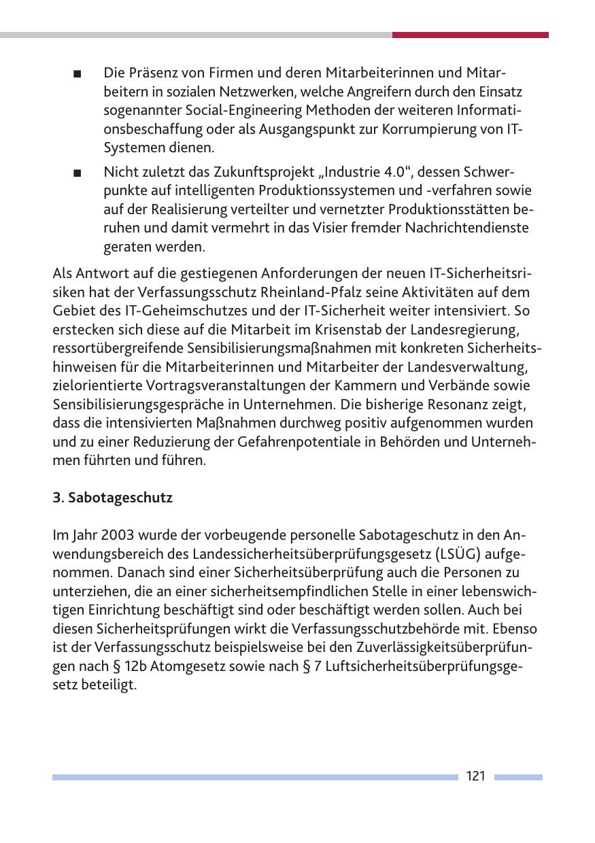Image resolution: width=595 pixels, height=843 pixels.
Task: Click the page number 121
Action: coord(476,776)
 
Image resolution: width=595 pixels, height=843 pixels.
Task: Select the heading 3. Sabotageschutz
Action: coord(113,498)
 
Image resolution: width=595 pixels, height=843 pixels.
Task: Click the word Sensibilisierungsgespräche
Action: coord(140,405)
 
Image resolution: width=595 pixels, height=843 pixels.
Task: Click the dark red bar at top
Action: coord(470,35)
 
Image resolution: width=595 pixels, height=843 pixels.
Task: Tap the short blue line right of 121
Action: coord(518,776)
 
